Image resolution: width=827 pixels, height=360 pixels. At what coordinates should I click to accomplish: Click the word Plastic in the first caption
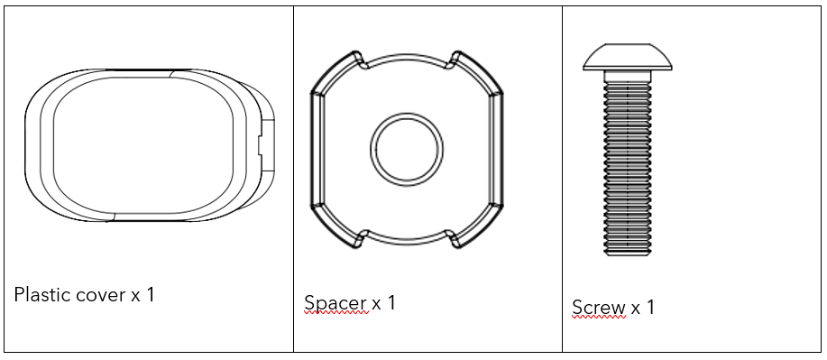click(x=45, y=294)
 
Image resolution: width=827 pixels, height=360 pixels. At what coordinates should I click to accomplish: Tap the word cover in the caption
click(x=104, y=295)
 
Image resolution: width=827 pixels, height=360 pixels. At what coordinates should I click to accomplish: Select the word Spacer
click(x=335, y=303)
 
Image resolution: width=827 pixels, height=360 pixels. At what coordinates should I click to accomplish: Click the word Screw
click(x=599, y=307)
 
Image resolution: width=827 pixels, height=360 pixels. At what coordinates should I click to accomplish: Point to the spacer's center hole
click(x=407, y=150)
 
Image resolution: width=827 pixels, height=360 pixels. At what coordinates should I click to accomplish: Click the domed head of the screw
click(x=628, y=57)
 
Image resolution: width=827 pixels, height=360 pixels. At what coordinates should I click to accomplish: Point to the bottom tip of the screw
click(x=628, y=255)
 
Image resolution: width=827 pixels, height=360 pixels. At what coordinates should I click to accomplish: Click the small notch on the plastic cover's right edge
click(x=260, y=144)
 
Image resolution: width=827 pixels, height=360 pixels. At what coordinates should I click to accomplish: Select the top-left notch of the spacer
click(x=362, y=61)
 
